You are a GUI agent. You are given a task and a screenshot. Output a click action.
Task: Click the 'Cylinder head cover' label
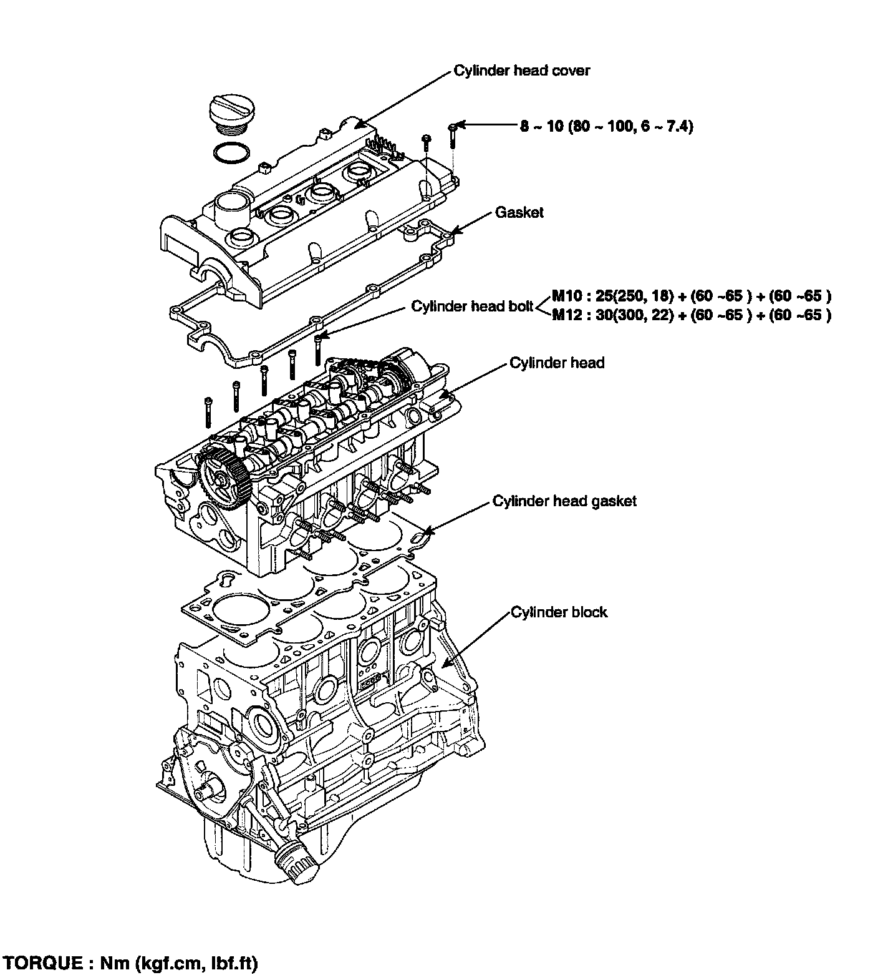(521, 71)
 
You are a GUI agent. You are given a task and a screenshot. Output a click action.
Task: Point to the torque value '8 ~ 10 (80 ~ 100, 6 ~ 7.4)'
(607, 127)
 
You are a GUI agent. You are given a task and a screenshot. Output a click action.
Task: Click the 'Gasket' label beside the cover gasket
(519, 213)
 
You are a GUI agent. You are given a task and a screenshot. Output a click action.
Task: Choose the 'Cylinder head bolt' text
(472, 306)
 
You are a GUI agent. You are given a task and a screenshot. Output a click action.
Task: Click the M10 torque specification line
(691, 296)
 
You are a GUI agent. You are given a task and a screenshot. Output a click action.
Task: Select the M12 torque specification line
(691, 315)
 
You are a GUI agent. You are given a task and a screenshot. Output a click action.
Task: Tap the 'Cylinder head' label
(557, 363)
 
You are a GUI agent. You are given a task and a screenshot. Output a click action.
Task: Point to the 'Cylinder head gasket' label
(564, 501)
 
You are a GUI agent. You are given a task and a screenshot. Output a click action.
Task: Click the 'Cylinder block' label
(559, 612)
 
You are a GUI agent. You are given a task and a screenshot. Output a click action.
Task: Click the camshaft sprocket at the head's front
(224, 478)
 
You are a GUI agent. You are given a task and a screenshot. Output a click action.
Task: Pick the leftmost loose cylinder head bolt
(207, 411)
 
